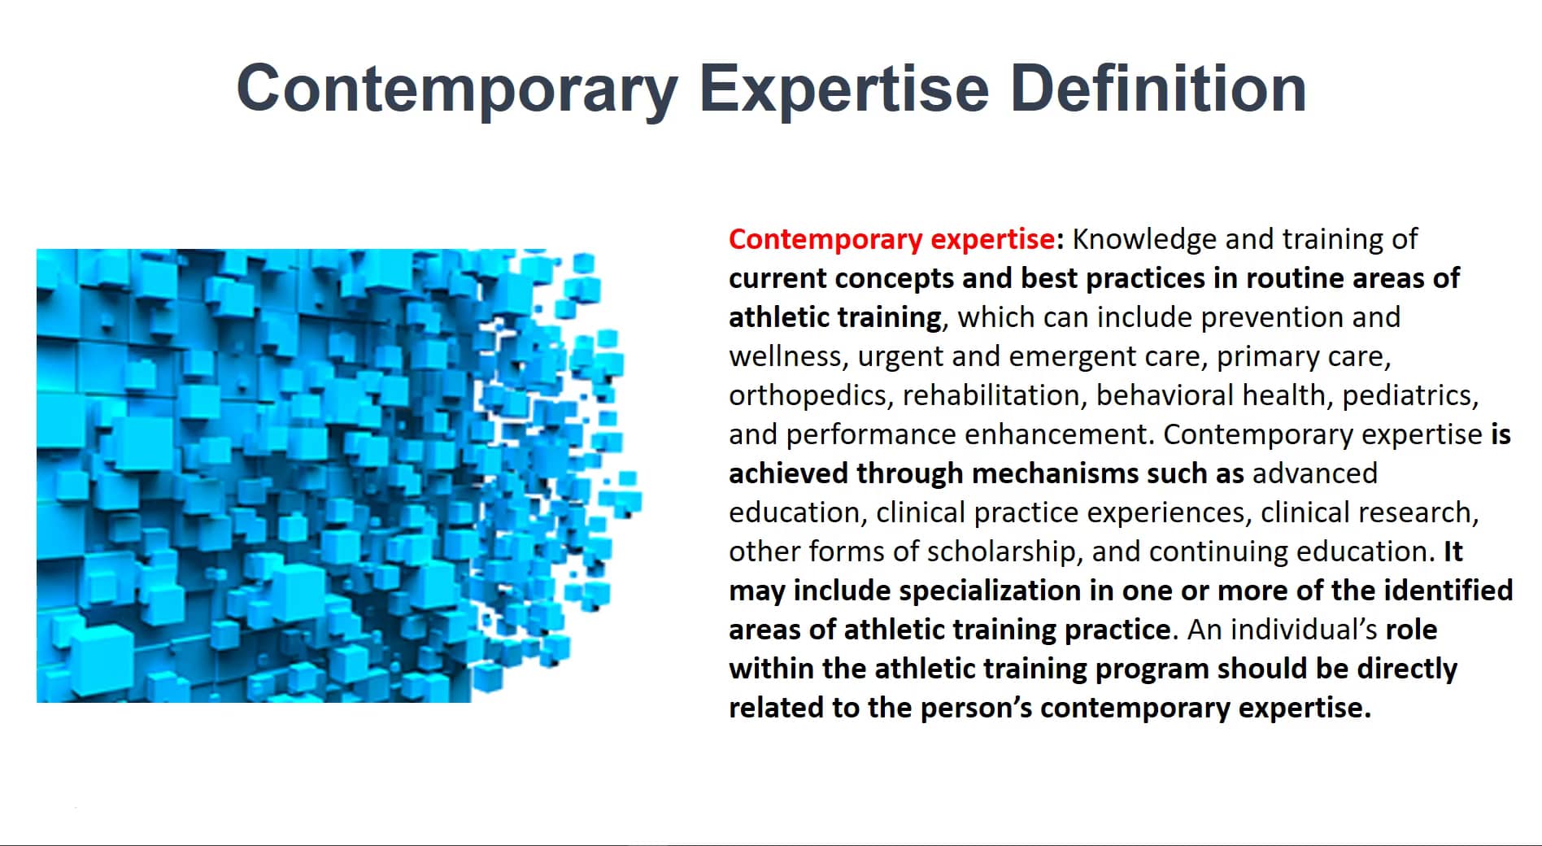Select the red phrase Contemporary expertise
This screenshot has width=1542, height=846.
[892, 239]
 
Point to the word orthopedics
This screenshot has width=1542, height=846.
[811, 395]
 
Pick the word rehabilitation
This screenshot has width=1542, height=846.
[995, 395]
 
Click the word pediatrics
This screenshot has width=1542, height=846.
[1409, 395]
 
